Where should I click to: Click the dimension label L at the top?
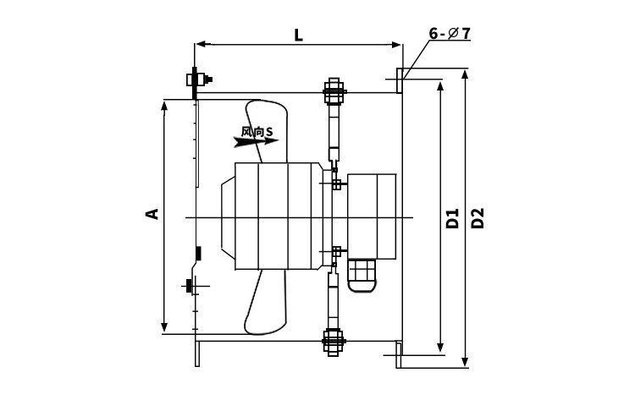pos(299,36)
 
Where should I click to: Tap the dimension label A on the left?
pos(152,214)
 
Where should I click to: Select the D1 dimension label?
pos(453,218)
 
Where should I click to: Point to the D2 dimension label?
pos(478,218)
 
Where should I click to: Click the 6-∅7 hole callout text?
pos(450,34)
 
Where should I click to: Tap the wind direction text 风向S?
pos(257,132)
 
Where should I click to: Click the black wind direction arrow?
pos(256,141)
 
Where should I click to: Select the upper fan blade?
pos(266,131)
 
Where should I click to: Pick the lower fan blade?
pos(265,303)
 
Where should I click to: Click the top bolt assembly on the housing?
pos(334,91)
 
